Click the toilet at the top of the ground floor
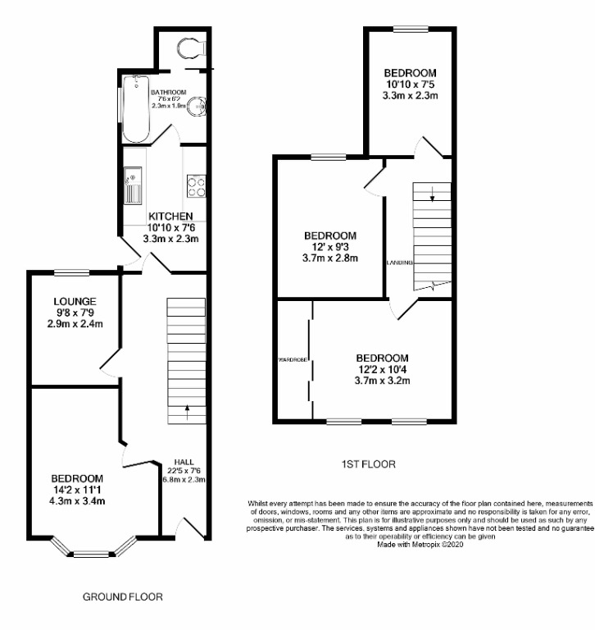tap(189, 46)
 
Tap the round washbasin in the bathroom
tap(197, 105)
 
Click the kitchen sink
tap(131, 185)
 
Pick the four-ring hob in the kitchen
tap(196, 185)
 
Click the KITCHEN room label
tap(170, 216)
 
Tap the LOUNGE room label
tap(74, 301)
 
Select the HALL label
tap(184, 460)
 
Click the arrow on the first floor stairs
tap(433, 194)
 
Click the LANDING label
tap(398, 262)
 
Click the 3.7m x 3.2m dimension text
tap(382, 381)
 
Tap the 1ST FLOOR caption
tap(368, 464)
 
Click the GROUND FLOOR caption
tap(123, 596)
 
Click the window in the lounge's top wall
tap(72, 272)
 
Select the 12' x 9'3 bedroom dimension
tap(329, 247)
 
